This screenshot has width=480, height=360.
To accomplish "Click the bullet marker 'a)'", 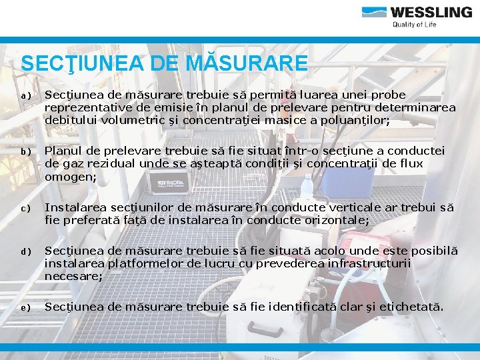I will click(x=25, y=96).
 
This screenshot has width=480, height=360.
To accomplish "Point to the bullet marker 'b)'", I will click(x=25, y=153).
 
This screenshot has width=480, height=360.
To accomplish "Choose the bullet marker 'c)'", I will click(x=25, y=209).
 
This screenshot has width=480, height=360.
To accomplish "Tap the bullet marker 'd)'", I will click(x=25, y=252).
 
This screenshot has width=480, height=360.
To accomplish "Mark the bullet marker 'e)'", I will click(x=25, y=308).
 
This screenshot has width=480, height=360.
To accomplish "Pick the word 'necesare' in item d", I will click(x=73, y=275).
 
